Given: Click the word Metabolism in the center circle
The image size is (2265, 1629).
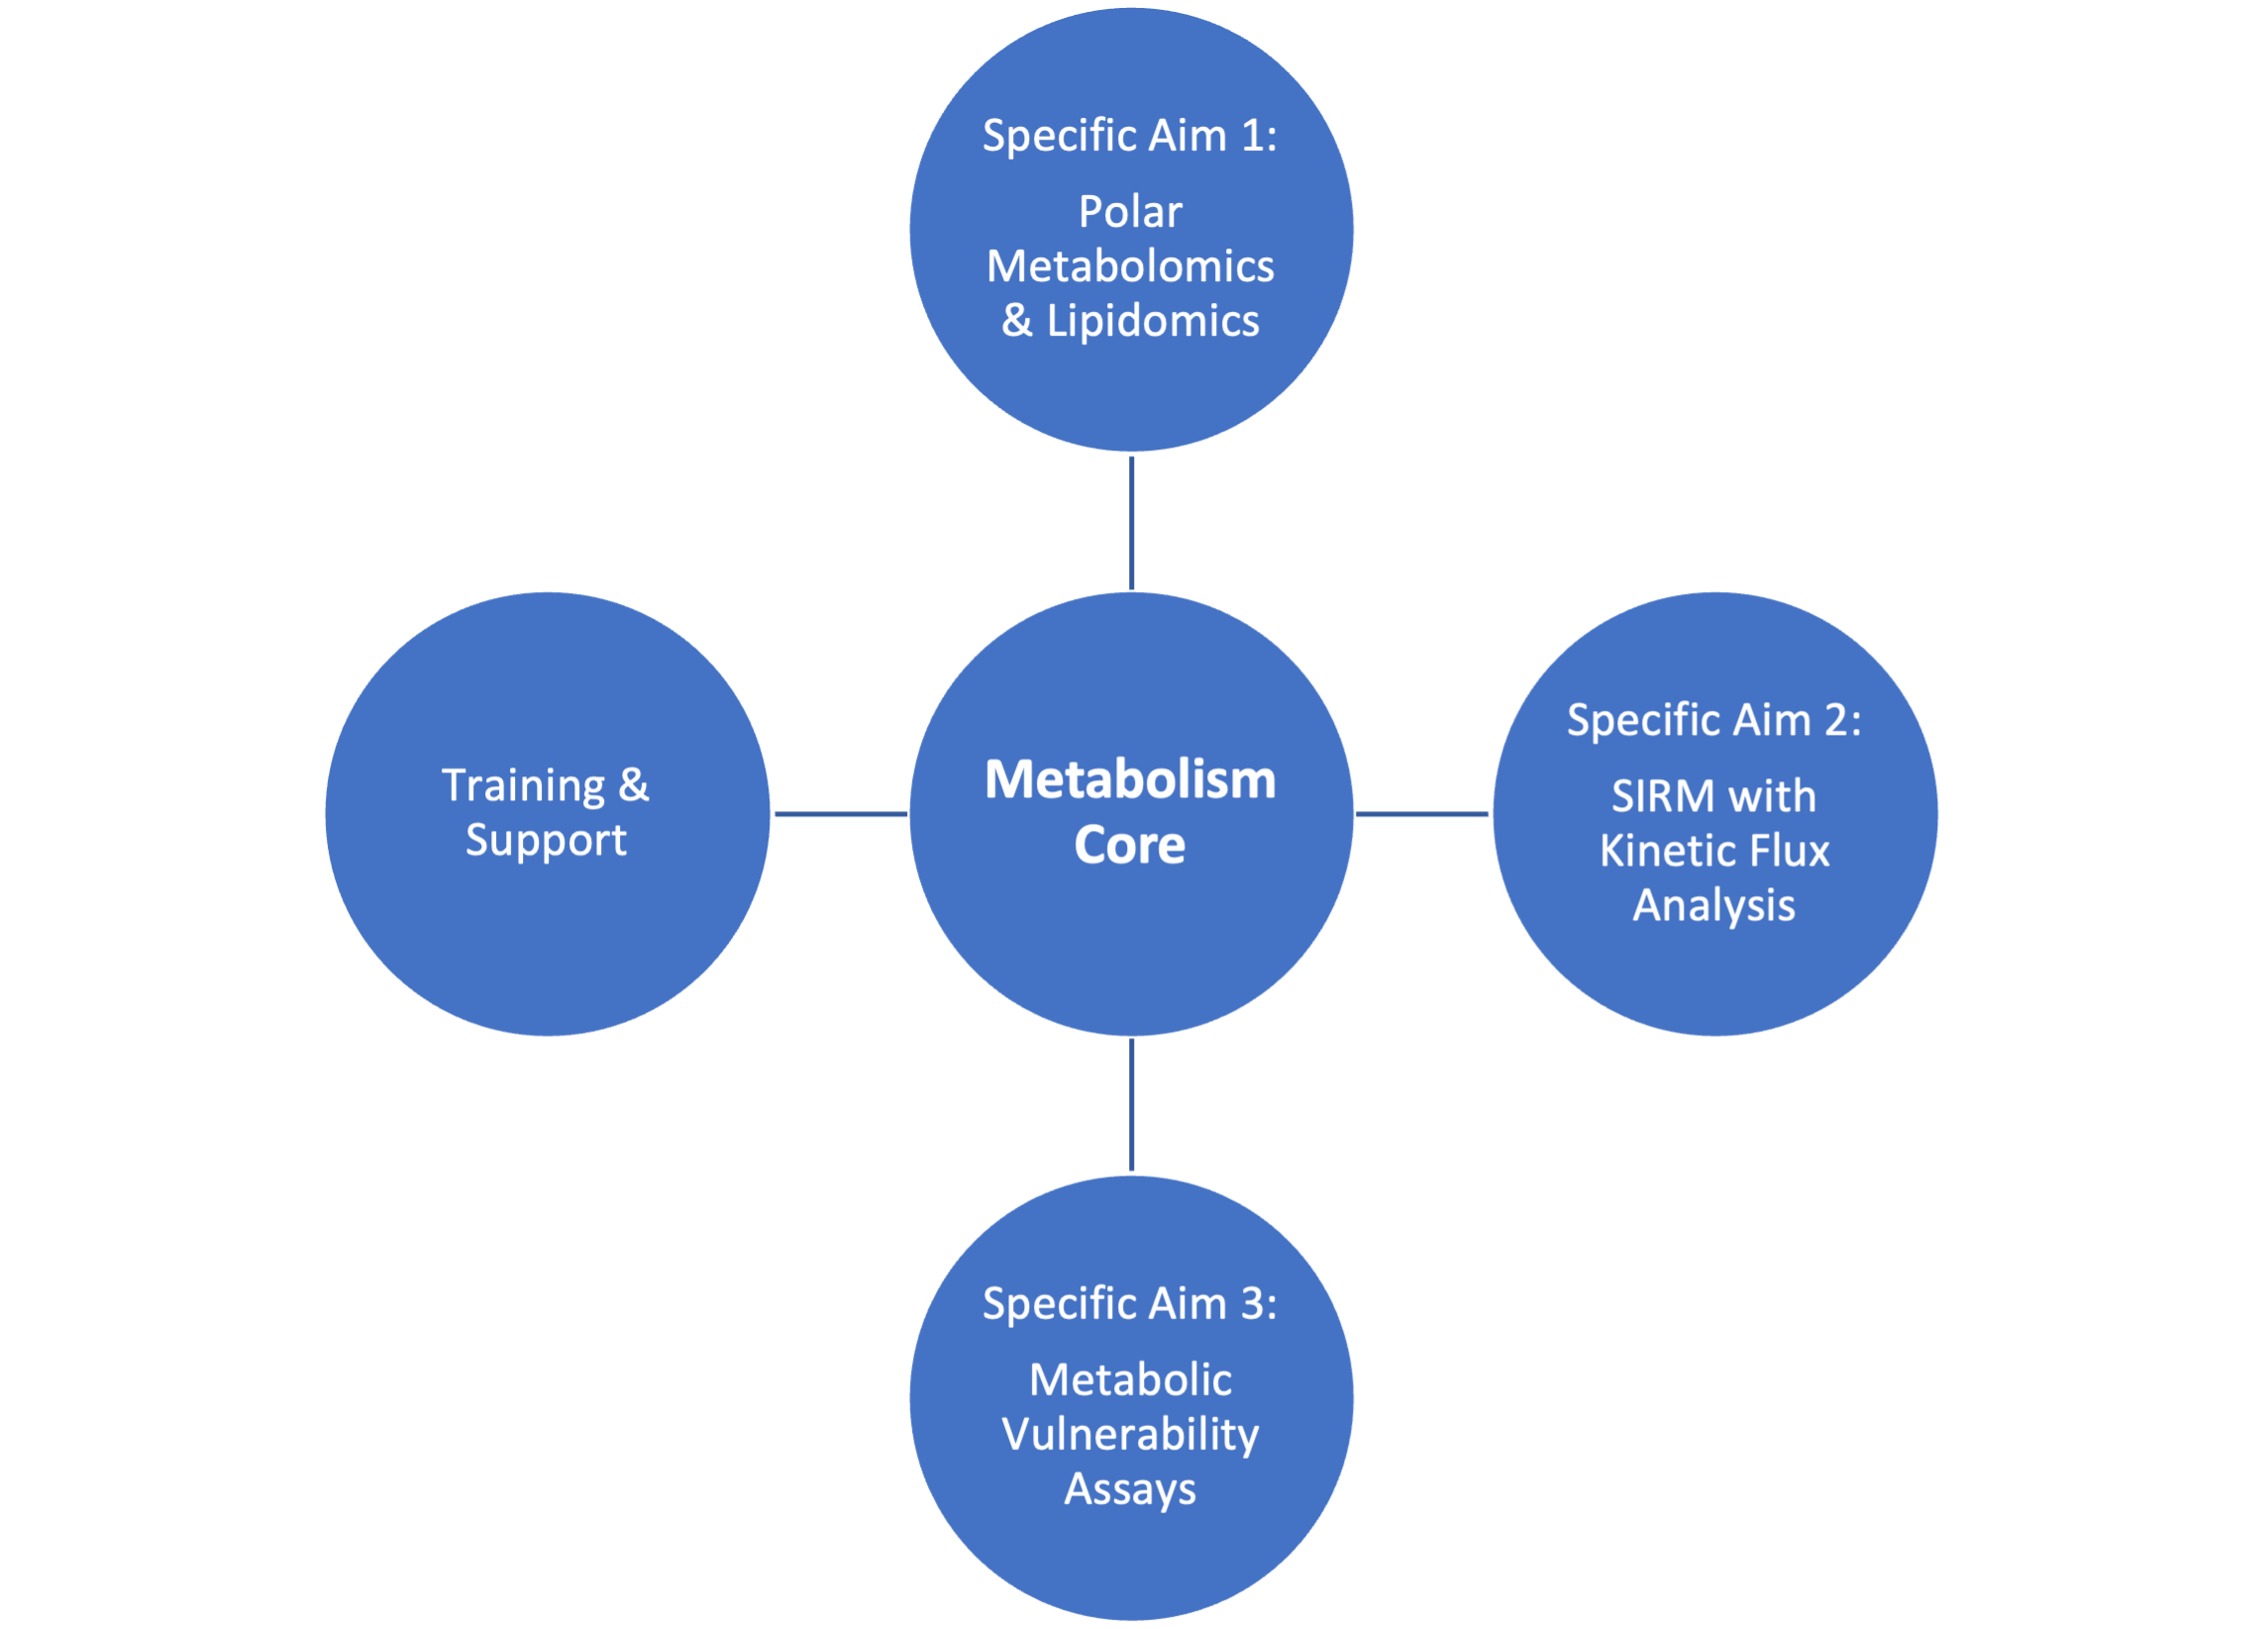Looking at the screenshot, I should click(1129, 779).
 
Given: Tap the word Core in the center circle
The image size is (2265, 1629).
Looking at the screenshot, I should click(1129, 845).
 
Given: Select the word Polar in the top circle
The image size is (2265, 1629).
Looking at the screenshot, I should click(1129, 212).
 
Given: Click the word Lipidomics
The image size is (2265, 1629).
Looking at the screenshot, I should click(1153, 322).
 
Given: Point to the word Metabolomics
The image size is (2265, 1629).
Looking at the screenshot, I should click(1129, 266).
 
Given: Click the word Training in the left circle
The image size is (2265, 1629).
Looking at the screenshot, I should click(523, 786).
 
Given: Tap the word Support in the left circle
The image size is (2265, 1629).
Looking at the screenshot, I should click(546, 840).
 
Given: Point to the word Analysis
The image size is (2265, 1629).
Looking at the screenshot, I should click(1713, 906).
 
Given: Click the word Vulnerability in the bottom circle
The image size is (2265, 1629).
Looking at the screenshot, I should click(1129, 1435).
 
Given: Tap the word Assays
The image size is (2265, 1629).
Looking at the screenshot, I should click(1129, 1489).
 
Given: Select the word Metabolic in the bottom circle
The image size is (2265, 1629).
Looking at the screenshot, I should click(1129, 1380).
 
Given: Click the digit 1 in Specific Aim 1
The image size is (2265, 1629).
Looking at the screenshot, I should click(1250, 136).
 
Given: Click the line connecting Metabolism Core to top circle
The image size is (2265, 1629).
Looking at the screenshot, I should click(1131, 522).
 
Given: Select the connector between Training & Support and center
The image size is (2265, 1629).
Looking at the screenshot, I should click(840, 814).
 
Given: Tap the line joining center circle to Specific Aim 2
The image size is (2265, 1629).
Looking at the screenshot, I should click(1422, 814).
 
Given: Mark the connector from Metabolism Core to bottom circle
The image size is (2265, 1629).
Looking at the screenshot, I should click(1131, 1106).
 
